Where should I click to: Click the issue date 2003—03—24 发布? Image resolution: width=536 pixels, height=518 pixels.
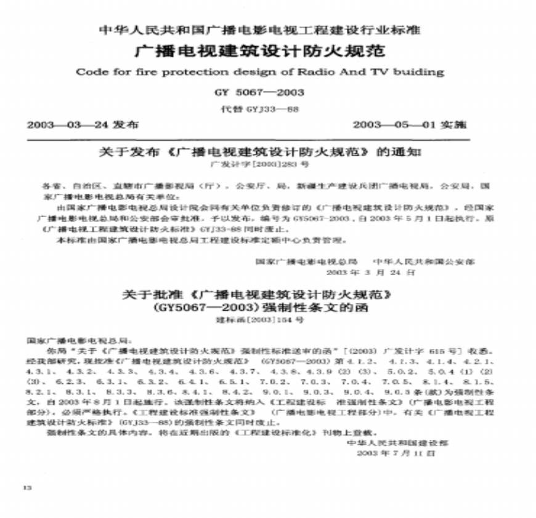(x=83, y=125)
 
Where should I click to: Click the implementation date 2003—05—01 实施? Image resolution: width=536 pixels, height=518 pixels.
(x=409, y=125)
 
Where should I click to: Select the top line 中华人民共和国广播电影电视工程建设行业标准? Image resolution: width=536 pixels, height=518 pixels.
(x=259, y=29)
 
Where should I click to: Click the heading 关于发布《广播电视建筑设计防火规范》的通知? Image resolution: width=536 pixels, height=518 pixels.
(x=259, y=151)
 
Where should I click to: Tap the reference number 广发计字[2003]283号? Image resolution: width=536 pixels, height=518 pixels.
(x=259, y=165)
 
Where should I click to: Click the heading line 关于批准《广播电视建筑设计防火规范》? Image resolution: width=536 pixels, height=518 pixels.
(x=259, y=295)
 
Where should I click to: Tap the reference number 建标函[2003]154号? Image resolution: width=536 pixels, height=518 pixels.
(x=259, y=320)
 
